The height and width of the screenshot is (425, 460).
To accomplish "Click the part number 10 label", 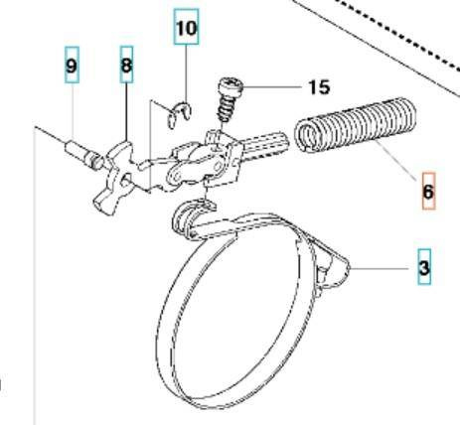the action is pos(187,27).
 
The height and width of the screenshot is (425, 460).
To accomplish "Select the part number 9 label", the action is pos(72,65).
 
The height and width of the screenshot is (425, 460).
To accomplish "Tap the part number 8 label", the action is pos(126,65).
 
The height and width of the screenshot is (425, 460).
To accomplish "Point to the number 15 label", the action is pos(319,87).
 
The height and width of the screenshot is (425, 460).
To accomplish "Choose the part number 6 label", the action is pos(428,191).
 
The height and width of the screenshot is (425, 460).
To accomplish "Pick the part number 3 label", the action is pos(424,267).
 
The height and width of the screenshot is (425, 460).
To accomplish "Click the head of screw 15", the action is pos(230,86).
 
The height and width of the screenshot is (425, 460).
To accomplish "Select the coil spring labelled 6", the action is pos(355,125).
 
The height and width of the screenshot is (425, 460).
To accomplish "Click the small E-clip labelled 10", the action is pos(179,114).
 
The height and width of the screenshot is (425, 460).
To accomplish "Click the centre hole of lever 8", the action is pos(125,181).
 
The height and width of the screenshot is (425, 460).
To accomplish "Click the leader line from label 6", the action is pos(396,160).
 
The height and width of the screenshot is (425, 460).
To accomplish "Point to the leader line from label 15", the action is pos(272,87).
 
